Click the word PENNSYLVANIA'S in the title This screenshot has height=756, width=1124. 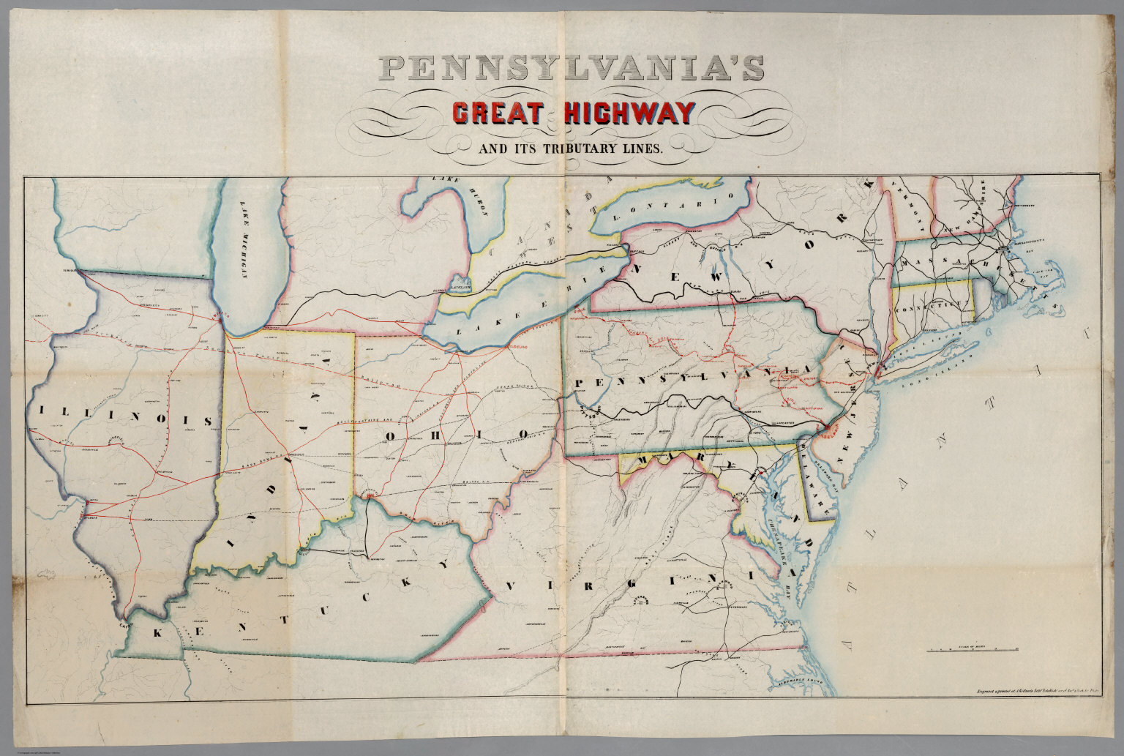click(572, 69)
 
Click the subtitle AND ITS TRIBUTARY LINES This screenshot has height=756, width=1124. click(570, 149)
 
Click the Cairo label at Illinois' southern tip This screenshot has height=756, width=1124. click(124, 626)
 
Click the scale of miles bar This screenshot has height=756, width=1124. click(973, 650)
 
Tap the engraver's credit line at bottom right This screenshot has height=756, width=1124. click(1038, 689)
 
